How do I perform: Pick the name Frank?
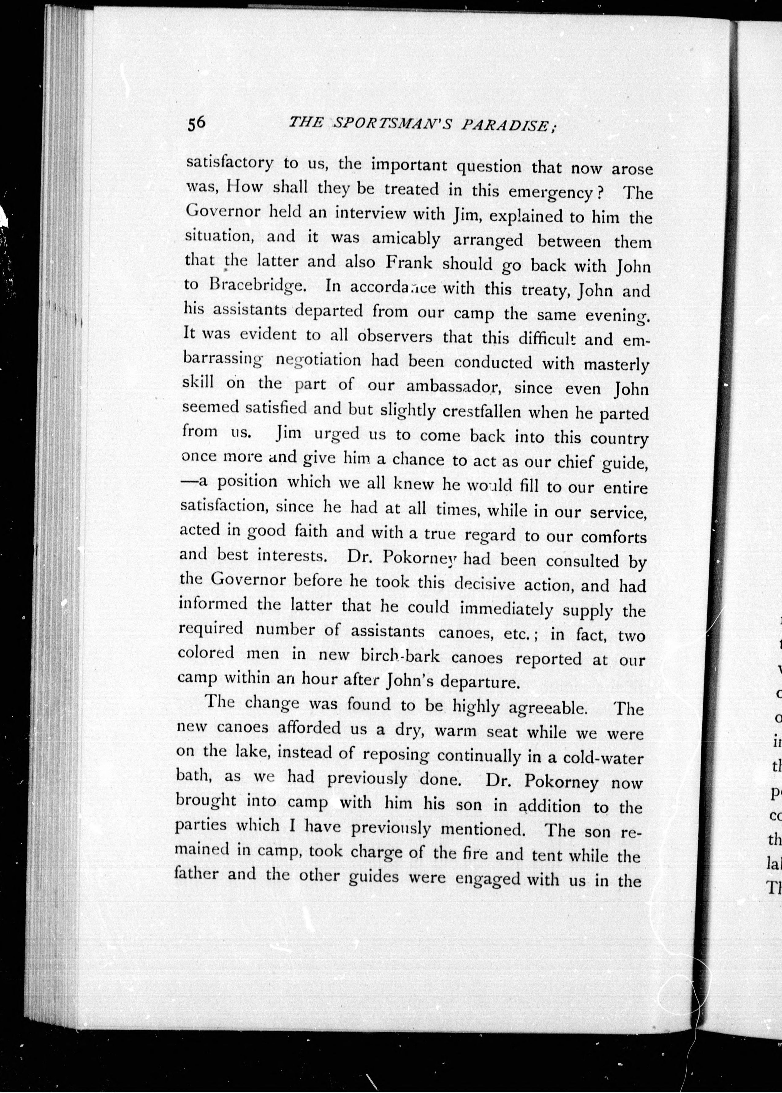tap(409, 263)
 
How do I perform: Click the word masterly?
tap(616, 365)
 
